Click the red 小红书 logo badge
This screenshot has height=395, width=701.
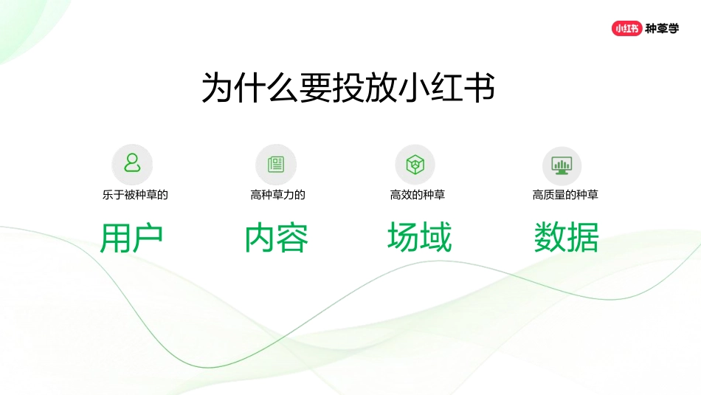click(x=626, y=29)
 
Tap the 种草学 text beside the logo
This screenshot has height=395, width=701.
click(x=662, y=29)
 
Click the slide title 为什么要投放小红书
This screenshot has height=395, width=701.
click(x=348, y=88)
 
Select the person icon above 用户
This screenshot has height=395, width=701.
click(x=132, y=163)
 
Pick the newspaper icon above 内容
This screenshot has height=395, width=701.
click(x=276, y=164)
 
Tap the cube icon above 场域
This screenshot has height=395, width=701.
click(x=415, y=164)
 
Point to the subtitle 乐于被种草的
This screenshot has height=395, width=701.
click(x=135, y=195)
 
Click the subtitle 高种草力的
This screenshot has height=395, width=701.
click(x=277, y=195)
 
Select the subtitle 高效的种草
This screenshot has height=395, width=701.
click(x=418, y=195)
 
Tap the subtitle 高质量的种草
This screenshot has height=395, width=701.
click(x=565, y=195)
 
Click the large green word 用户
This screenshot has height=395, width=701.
click(x=131, y=238)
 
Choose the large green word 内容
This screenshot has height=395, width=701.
click(x=277, y=238)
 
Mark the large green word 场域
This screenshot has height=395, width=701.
click(x=419, y=238)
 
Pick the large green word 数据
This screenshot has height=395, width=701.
click(x=566, y=238)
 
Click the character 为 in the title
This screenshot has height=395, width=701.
click(x=218, y=88)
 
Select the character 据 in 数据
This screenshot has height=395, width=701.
click(x=583, y=238)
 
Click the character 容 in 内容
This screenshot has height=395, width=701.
click(x=293, y=238)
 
